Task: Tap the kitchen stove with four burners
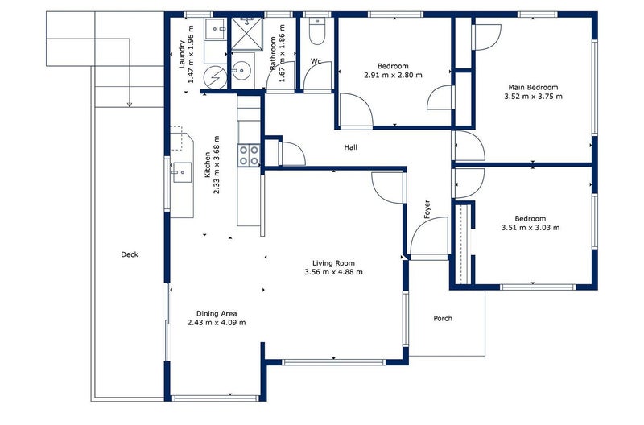pyautogui.click(x=249, y=155)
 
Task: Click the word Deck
pyautogui.click(x=130, y=254)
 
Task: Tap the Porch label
pyautogui.click(x=443, y=318)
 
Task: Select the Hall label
pyautogui.click(x=351, y=147)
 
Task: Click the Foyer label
pyautogui.click(x=427, y=209)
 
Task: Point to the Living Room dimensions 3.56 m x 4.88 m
pyautogui.click(x=334, y=272)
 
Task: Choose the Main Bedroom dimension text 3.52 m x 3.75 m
pyautogui.click(x=532, y=97)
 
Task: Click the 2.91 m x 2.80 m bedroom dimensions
pyautogui.click(x=393, y=75)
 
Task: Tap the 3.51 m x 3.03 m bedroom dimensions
pyautogui.click(x=530, y=228)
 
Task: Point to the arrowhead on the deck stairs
pyautogui.click(x=129, y=104)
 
